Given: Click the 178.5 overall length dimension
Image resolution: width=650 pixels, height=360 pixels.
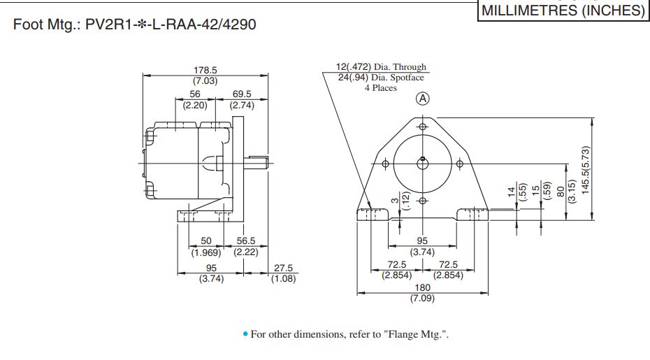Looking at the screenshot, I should click(x=205, y=70).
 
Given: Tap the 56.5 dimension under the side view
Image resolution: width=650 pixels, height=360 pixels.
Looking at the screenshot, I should click(x=246, y=240).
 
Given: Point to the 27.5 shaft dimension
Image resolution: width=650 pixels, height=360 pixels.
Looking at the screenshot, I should click(x=284, y=268).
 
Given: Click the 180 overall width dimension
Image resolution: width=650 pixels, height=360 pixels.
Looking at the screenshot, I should click(x=423, y=287).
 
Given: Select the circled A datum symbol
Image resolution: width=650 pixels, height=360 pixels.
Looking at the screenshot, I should click(x=422, y=99).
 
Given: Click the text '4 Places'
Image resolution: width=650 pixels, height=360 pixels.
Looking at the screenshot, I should click(x=380, y=88).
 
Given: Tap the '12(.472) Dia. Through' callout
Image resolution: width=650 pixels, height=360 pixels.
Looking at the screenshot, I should click(x=381, y=67).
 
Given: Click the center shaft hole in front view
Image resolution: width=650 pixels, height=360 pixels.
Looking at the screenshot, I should click(x=422, y=164).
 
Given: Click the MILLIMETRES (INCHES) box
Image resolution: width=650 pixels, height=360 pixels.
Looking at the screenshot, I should click(x=562, y=10).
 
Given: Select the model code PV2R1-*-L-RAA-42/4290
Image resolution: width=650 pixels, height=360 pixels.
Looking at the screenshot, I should click(x=171, y=25).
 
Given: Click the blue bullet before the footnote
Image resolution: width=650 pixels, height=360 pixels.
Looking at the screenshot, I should click(x=245, y=335).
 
